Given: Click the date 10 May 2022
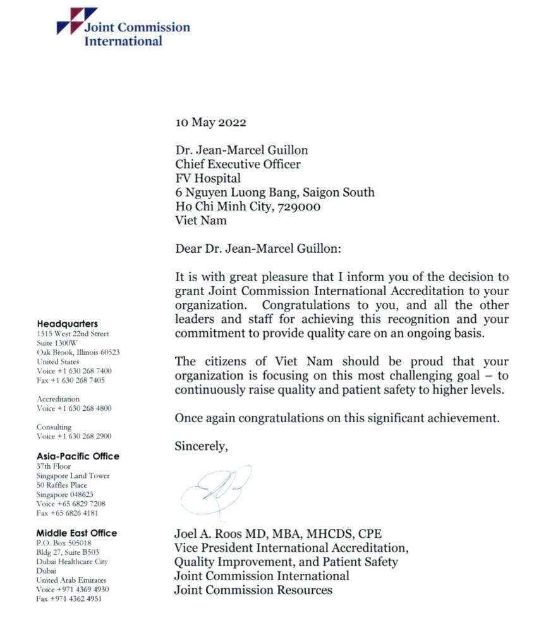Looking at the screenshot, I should point(210,123).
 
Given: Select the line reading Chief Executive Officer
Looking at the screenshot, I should point(238,164).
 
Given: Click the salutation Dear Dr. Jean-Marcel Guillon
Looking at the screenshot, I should point(258,248).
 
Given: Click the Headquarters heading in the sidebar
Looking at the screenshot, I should point(67,324).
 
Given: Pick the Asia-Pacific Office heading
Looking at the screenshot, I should point(78,456).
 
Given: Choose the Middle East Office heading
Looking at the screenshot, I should point(76,533).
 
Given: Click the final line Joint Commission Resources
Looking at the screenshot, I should point(253,590).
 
